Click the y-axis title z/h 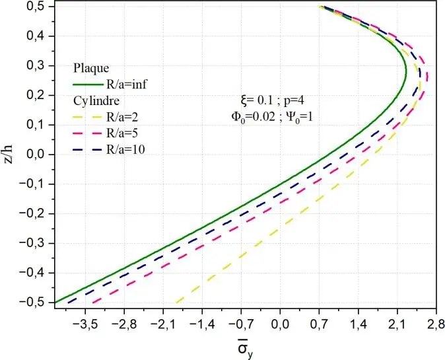point(9,154)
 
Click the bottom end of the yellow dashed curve point(176,302)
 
